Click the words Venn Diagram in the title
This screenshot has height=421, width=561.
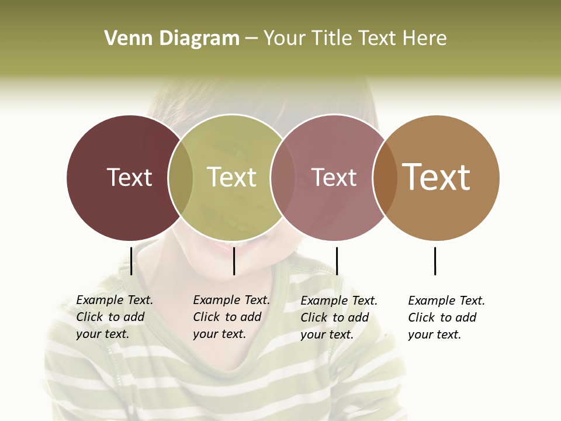click(x=172, y=39)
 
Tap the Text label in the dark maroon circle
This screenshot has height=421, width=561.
click(x=129, y=177)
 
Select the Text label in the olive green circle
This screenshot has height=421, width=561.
click(x=231, y=177)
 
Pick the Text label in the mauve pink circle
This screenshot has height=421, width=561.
click(x=334, y=177)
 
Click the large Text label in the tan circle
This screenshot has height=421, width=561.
click(x=437, y=177)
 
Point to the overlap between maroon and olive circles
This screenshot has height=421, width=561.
click(x=181, y=177)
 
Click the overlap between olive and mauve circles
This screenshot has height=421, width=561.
click(x=282, y=177)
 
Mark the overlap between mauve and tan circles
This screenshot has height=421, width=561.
click(x=385, y=177)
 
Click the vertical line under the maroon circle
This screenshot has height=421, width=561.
click(x=131, y=261)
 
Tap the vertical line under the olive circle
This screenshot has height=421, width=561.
click(x=234, y=261)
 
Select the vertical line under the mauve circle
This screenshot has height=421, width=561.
click(x=337, y=261)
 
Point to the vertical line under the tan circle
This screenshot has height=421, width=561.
click(x=435, y=261)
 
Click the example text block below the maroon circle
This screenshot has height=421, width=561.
click(x=115, y=317)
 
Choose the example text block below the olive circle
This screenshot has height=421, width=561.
click(x=231, y=317)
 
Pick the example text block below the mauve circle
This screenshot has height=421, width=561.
click(x=339, y=318)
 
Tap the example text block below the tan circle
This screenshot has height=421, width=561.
click(x=446, y=318)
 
